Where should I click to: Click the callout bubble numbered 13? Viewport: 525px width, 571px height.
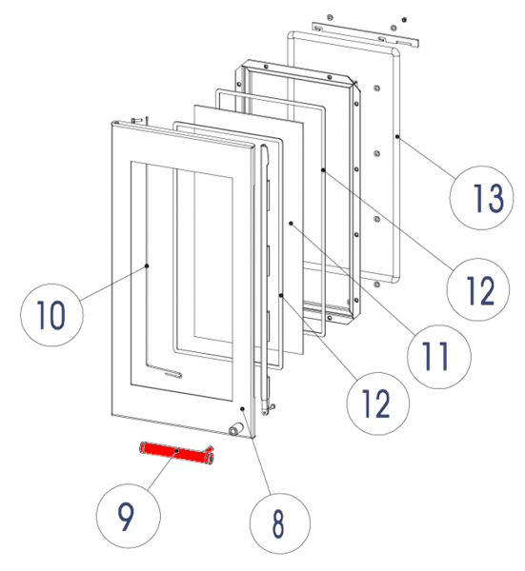point(481,198)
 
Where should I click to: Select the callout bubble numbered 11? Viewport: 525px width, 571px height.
point(439,357)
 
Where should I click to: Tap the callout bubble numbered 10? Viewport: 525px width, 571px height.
point(51,315)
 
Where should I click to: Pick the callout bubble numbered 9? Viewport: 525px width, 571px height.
point(129,516)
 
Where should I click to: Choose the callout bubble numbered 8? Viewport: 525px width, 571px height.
point(280,522)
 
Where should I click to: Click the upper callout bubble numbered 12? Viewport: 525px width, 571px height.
point(478,289)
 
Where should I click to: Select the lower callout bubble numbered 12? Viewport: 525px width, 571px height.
point(377,404)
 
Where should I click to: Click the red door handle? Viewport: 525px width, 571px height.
point(176,452)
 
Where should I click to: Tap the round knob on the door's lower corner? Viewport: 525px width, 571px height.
point(234,430)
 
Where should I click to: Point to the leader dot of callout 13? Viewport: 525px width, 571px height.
point(397,136)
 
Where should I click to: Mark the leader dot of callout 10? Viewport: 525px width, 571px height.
point(147,266)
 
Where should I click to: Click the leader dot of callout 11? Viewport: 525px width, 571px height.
point(291,223)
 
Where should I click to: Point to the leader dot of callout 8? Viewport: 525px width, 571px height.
point(242,409)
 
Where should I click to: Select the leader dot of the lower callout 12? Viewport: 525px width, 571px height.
point(281,296)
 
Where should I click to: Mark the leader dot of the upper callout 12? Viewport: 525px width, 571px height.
point(323,169)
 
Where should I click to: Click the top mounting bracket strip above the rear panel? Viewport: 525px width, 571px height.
point(365,34)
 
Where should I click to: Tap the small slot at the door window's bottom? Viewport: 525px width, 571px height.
point(173,374)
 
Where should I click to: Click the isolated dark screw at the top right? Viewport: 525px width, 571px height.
point(404,19)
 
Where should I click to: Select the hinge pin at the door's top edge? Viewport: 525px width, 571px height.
point(137,120)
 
